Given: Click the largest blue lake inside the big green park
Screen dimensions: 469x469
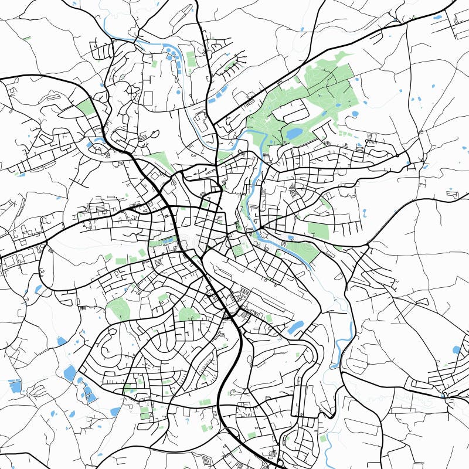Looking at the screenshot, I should point(293,134).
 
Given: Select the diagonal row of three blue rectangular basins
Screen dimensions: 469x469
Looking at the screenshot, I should point(218,93).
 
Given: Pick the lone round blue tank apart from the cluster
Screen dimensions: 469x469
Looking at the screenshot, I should point(179,91).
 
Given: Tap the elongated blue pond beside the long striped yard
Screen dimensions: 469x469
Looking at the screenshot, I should point(296,327).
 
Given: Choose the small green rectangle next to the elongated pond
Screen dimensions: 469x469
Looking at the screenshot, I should point(269,318).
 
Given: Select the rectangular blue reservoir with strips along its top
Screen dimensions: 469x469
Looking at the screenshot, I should point(15,386).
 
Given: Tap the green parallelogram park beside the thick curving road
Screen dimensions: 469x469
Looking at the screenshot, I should point(86,107).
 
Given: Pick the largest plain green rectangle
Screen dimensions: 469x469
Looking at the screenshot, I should point(318,230).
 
